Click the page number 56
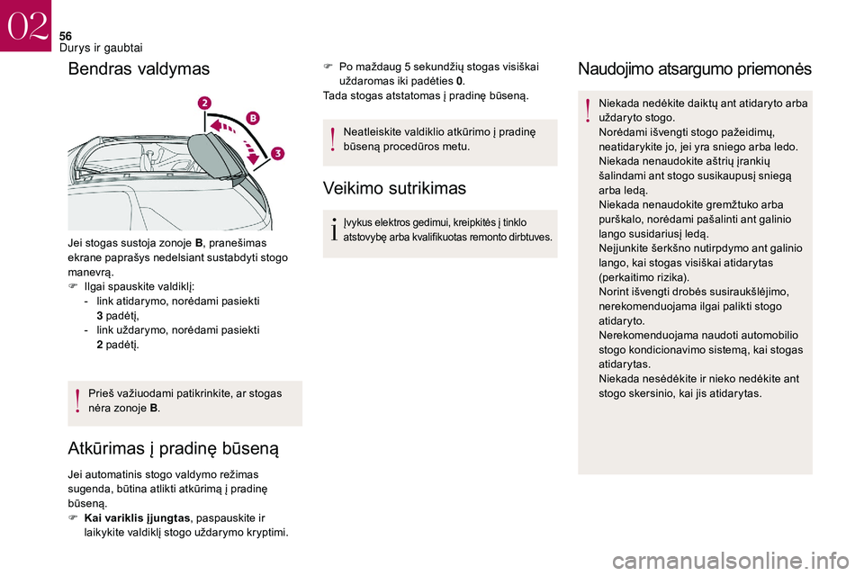click(x=66, y=35)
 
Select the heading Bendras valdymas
click(x=139, y=69)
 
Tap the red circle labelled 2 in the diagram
click(x=206, y=104)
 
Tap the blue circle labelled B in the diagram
click(x=253, y=118)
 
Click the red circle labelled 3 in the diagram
click(x=278, y=154)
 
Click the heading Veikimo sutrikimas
click(x=394, y=188)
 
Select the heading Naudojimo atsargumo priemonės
click(x=694, y=69)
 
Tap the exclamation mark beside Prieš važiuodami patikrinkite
click(x=78, y=400)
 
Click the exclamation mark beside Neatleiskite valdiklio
click(x=334, y=139)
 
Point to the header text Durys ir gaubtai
click(x=101, y=47)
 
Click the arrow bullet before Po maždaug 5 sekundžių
click(x=328, y=67)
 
